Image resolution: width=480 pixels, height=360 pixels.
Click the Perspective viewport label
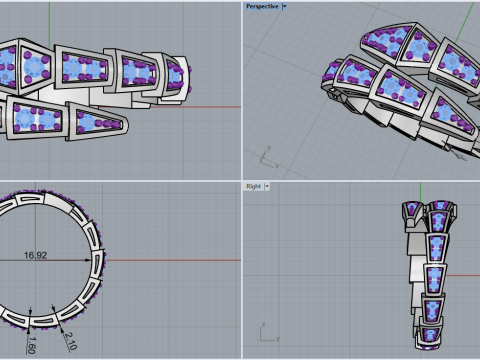[x=262, y=7]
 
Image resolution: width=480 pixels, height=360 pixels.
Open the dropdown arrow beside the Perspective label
[x=284, y=7]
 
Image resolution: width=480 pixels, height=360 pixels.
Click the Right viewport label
[x=253, y=186]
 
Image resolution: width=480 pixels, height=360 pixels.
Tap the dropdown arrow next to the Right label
[x=267, y=186]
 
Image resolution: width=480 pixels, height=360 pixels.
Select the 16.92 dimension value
[x=35, y=255]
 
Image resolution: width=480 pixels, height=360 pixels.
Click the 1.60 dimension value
[x=31, y=345]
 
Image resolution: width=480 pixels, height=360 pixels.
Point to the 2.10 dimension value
[x=71, y=341]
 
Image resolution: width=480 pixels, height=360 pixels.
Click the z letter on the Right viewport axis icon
[x=263, y=325]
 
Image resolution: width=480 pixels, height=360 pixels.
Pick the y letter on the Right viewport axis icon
[x=278, y=339]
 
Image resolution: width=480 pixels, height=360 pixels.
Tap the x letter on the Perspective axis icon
[x=277, y=166]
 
